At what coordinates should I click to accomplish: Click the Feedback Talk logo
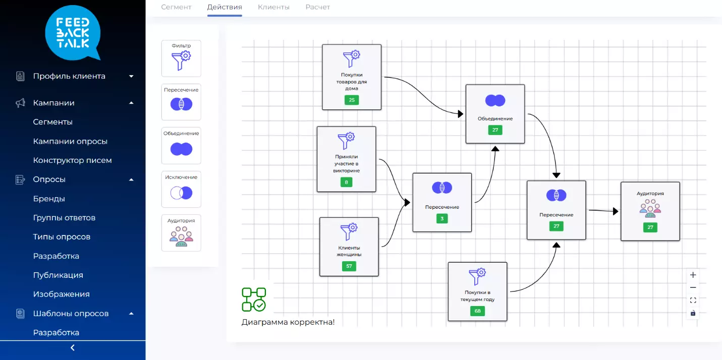point(73,33)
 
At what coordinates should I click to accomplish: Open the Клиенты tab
point(273,7)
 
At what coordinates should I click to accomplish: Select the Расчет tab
point(317,7)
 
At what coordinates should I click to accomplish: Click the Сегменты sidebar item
point(52,122)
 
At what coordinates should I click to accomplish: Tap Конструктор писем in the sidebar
point(72,160)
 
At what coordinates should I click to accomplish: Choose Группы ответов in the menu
point(64,218)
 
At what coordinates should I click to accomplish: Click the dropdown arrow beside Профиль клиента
point(131,76)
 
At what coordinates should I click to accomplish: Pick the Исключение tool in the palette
point(181,189)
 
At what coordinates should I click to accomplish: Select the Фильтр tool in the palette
point(181,58)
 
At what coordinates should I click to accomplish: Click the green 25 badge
point(352,100)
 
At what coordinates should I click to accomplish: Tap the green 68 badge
point(477,311)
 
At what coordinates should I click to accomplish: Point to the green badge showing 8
point(346,182)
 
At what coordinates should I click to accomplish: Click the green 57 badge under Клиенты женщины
point(349,266)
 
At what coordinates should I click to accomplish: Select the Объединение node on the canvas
point(495,114)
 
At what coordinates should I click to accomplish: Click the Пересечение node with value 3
point(442,203)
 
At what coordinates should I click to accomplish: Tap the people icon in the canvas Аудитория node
point(650,208)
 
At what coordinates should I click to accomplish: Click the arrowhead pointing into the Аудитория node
point(616,211)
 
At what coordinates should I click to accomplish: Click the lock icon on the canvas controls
point(693,313)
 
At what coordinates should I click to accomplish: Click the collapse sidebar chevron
point(73,348)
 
